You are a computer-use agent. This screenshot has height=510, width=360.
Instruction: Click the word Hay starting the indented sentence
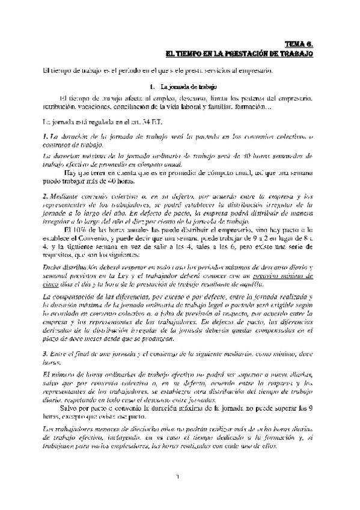tap(71, 172)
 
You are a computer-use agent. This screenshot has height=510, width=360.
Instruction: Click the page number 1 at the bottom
tap(178, 478)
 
